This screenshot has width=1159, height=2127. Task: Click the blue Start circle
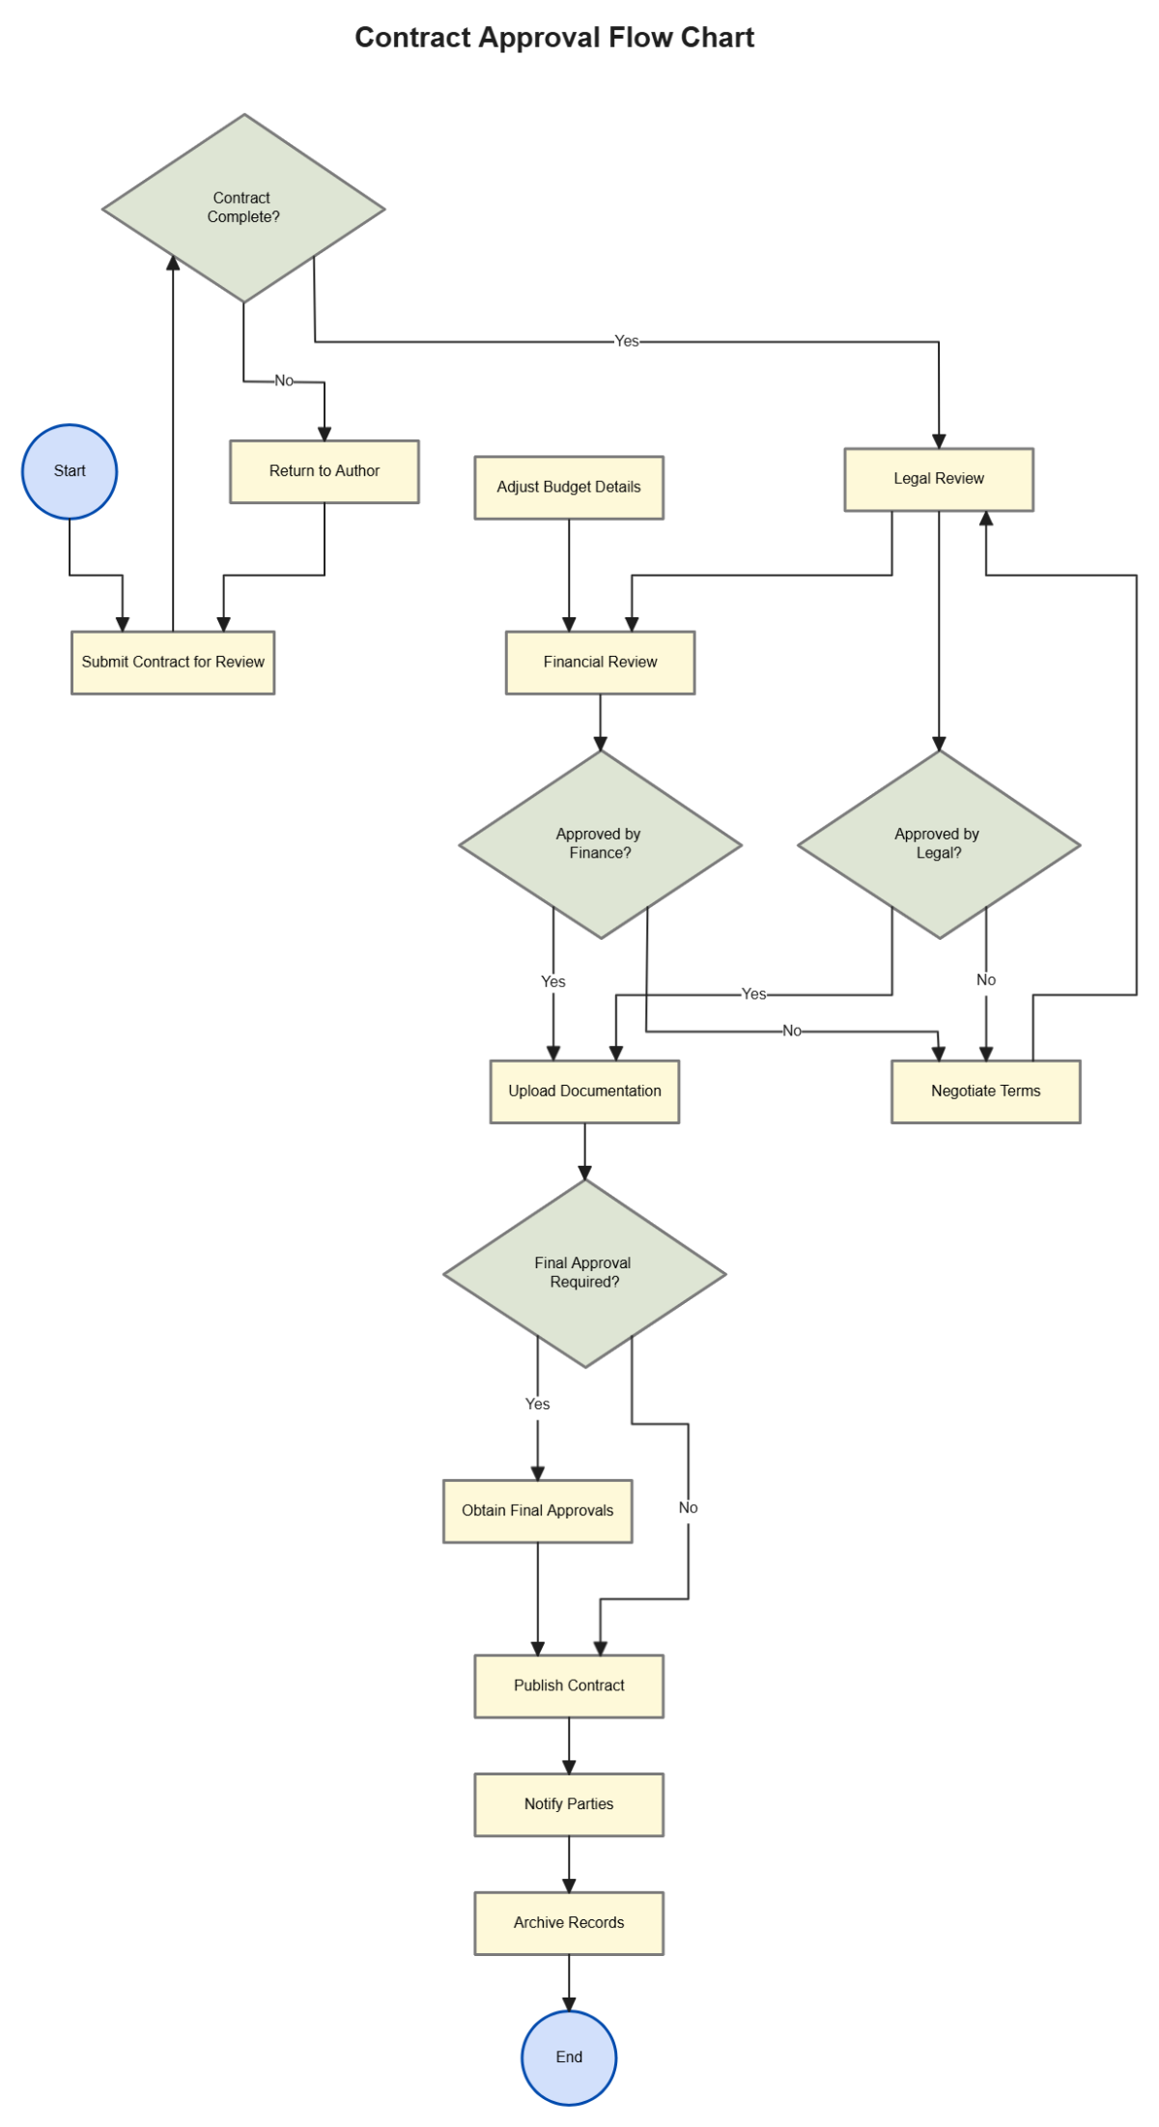tap(70, 471)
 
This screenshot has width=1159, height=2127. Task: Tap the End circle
tap(569, 2056)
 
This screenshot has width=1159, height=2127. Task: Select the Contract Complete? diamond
tap(243, 208)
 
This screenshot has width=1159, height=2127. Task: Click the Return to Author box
tap(325, 471)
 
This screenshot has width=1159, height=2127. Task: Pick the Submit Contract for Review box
tap(173, 663)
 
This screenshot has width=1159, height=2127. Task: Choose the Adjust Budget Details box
tap(569, 488)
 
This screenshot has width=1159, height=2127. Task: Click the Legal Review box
tap(939, 479)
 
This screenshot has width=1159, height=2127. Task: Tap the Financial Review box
tap(600, 663)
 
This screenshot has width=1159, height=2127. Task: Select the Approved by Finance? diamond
tap(600, 844)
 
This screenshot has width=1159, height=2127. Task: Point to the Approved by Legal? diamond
tap(939, 844)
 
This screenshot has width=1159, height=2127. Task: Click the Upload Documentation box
tap(584, 1092)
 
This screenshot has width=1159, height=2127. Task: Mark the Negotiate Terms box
tap(985, 1092)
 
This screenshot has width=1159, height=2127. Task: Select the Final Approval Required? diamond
tap(584, 1273)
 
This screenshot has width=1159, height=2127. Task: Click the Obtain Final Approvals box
tap(537, 1511)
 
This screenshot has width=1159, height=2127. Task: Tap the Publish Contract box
tap(569, 1686)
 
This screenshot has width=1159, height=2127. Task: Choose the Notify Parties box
tap(569, 1804)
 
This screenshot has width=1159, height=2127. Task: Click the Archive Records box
tap(569, 1923)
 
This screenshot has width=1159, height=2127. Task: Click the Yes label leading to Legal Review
tap(627, 341)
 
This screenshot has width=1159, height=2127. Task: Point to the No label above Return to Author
tap(284, 381)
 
